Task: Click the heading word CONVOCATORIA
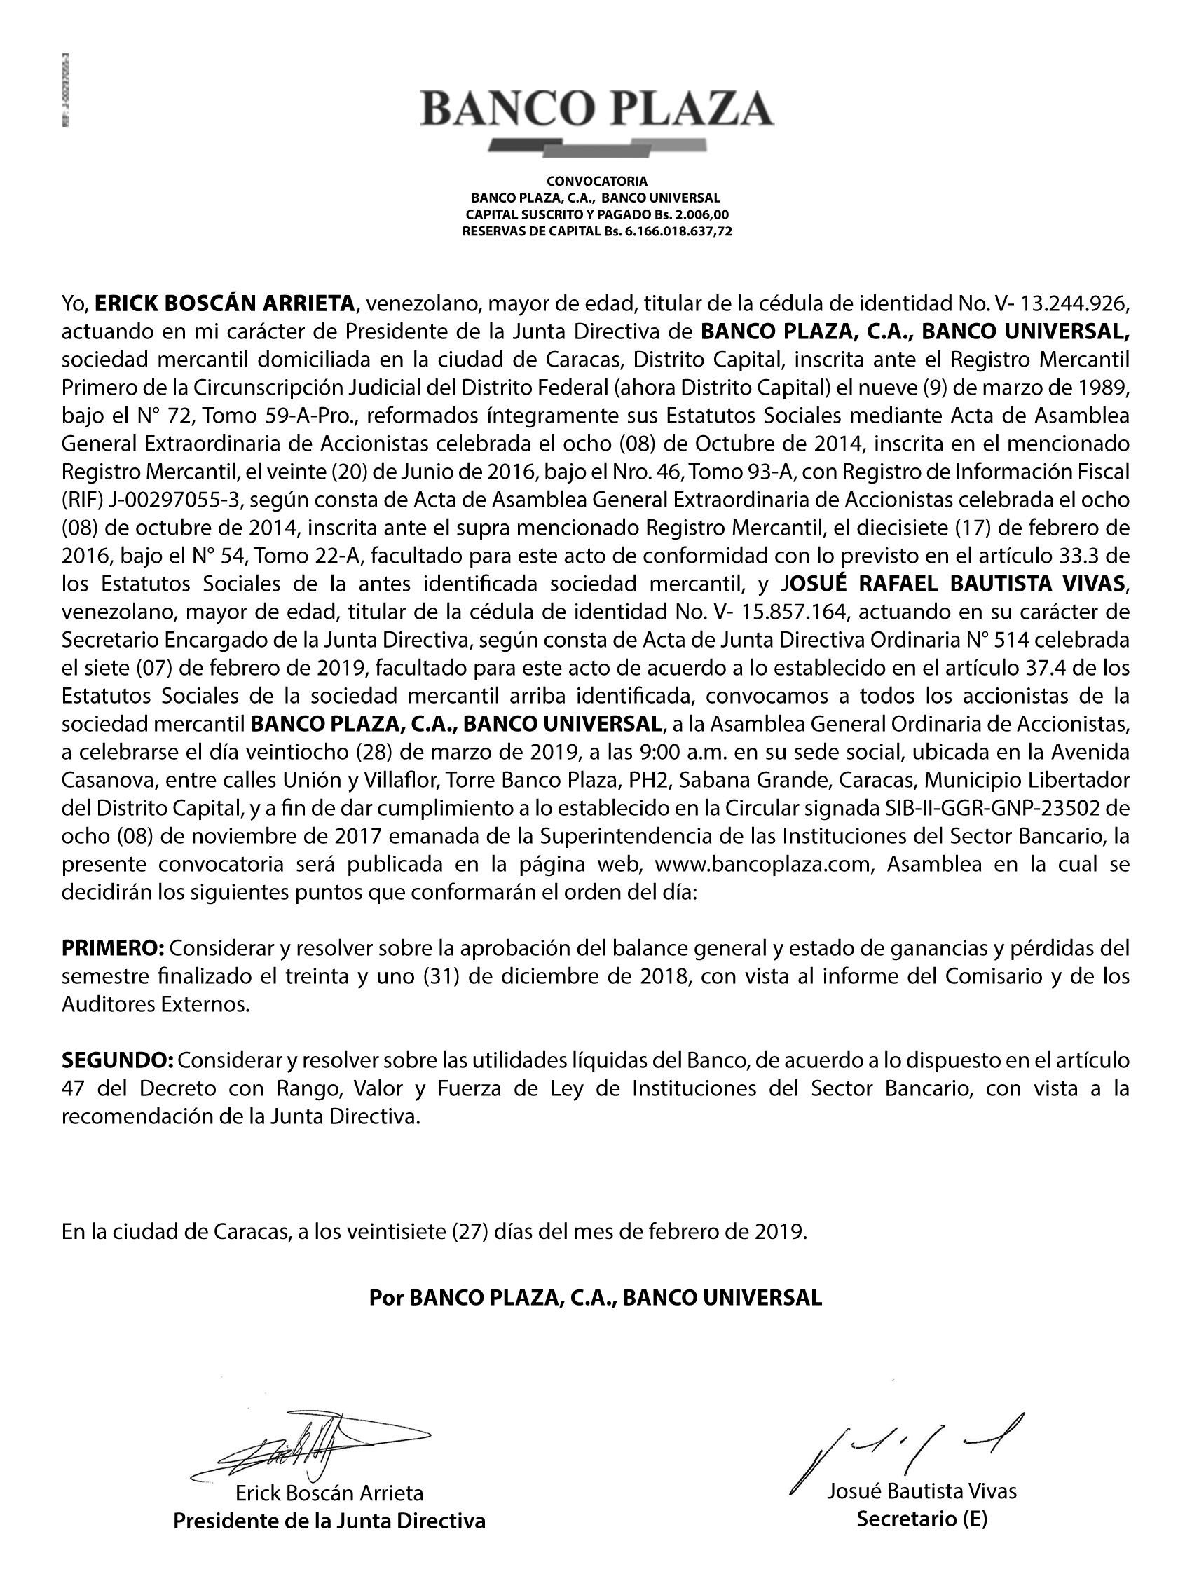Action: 596,180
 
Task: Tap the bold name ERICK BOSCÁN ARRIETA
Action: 225,303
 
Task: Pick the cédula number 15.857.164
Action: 786,612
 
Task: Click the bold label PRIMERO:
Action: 114,948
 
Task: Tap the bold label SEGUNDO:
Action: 118,1061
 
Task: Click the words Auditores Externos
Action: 155,1004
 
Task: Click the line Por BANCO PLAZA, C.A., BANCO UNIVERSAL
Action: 595,1298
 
